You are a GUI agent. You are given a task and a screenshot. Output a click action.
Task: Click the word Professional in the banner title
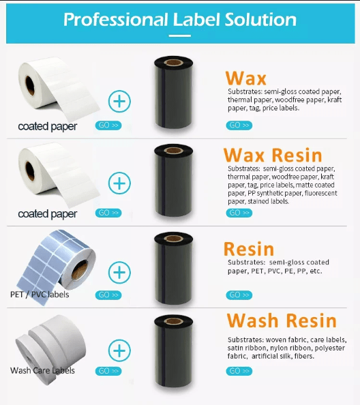point(116,20)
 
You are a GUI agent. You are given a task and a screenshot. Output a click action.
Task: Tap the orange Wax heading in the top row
point(245,78)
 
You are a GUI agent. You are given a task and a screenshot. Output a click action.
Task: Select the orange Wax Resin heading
point(273,155)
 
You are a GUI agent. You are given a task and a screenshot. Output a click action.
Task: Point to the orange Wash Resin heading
point(282,320)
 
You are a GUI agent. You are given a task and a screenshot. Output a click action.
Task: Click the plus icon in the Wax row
point(119,101)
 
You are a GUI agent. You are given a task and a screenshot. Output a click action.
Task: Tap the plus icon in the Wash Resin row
point(119,350)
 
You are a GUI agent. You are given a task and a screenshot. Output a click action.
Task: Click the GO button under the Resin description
point(239,295)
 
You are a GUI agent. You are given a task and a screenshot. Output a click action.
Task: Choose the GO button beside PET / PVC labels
point(108,295)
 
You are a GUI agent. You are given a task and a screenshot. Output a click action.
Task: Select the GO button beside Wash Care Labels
point(108,371)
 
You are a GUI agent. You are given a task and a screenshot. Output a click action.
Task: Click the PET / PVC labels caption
point(40,295)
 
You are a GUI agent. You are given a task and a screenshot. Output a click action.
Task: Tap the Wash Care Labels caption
point(42,370)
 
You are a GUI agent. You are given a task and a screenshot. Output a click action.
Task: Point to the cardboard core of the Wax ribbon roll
point(174,63)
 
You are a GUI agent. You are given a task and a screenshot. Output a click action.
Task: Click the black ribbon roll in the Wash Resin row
point(174,351)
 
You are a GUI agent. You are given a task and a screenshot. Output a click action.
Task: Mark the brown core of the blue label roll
point(80,270)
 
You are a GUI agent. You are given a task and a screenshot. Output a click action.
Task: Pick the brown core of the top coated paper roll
point(30,85)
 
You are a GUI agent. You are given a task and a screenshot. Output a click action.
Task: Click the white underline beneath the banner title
point(180,35)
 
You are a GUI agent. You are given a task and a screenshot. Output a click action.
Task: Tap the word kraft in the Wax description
point(335,100)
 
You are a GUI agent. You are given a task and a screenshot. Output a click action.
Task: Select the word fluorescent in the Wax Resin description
point(320,193)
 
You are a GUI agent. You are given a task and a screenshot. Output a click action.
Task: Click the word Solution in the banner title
point(260,20)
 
